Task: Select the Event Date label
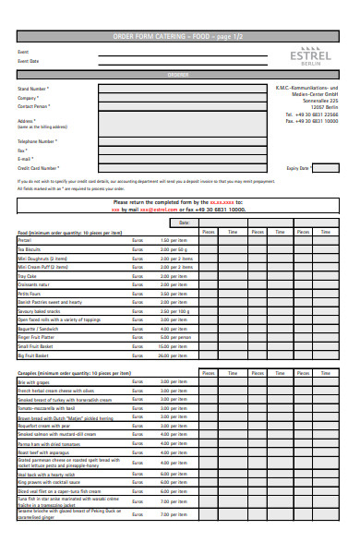(x=29, y=62)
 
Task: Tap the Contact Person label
(x=34, y=107)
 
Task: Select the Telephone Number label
(x=38, y=141)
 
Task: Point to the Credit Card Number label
(x=39, y=168)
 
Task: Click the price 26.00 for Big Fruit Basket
(x=165, y=355)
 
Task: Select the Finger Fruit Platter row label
(x=40, y=337)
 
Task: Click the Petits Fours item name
(x=29, y=294)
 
